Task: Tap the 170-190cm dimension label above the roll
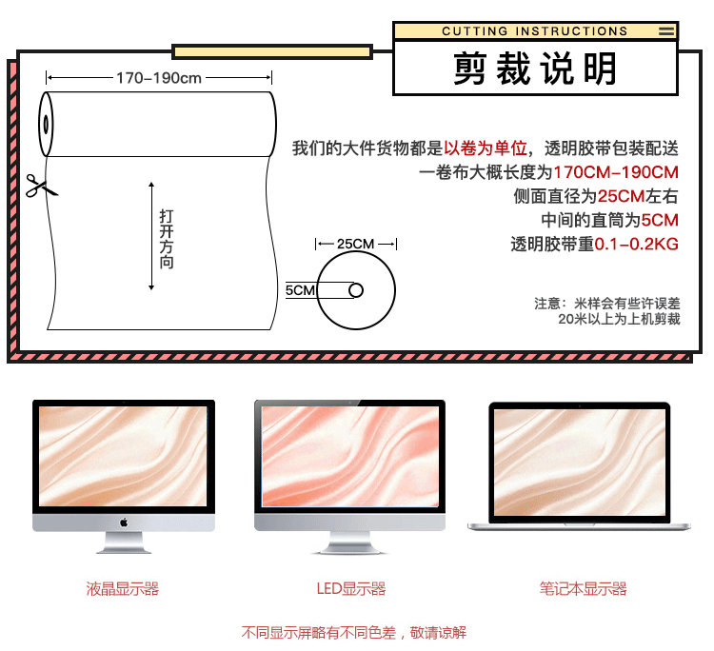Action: click(159, 78)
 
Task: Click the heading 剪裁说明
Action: click(535, 69)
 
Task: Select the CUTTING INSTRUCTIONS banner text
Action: click(535, 31)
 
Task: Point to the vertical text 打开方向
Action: click(167, 237)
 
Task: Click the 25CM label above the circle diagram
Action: click(356, 244)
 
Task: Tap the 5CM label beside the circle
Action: click(300, 289)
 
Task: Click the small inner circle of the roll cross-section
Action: click(356, 289)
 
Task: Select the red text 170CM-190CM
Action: click(616, 172)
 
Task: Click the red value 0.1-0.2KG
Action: click(637, 245)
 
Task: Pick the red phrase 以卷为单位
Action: click(486, 148)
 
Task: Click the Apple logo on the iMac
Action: click(124, 522)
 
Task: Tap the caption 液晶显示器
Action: click(123, 589)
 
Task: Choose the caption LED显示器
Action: click(350, 589)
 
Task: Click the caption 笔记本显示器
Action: click(583, 589)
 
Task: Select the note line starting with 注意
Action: click(606, 304)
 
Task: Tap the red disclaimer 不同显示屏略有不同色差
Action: click(324, 632)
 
